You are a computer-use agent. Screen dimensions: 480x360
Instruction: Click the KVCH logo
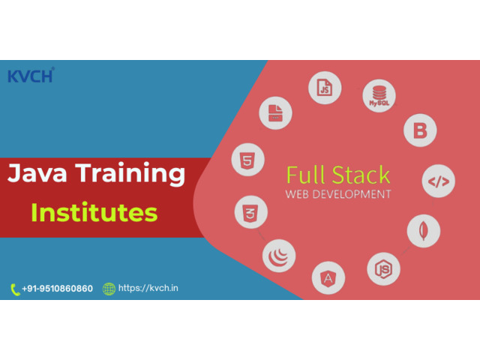(x=31, y=75)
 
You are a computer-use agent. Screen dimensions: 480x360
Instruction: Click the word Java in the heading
(x=37, y=172)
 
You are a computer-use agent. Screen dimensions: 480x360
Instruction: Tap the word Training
(x=130, y=174)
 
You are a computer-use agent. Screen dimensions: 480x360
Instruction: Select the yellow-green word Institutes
(x=94, y=212)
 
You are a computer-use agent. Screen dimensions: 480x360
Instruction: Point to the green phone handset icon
(x=15, y=289)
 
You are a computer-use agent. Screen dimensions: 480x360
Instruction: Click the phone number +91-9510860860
(x=57, y=288)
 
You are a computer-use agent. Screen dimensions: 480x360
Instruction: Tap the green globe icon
(x=109, y=289)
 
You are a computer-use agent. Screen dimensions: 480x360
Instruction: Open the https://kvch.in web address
(x=148, y=288)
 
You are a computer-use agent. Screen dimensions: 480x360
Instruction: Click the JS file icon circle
(x=325, y=88)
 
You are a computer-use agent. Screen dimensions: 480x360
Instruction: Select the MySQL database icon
(x=379, y=96)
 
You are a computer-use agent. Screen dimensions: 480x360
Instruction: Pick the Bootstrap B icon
(x=420, y=130)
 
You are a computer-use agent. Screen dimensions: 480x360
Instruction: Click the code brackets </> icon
(x=438, y=181)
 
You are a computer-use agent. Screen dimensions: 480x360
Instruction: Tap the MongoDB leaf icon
(x=424, y=231)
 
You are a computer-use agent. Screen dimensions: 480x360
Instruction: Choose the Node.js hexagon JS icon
(x=383, y=269)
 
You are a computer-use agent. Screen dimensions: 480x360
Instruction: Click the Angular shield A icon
(x=328, y=278)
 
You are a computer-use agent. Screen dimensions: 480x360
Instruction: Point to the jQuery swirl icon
(x=279, y=256)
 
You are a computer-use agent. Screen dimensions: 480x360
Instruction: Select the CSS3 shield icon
(x=251, y=212)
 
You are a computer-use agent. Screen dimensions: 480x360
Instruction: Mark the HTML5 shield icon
(x=248, y=160)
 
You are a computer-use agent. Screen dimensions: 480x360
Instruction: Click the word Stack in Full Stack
(x=361, y=175)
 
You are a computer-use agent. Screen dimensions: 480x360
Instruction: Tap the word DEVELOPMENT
(x=352, y=194)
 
